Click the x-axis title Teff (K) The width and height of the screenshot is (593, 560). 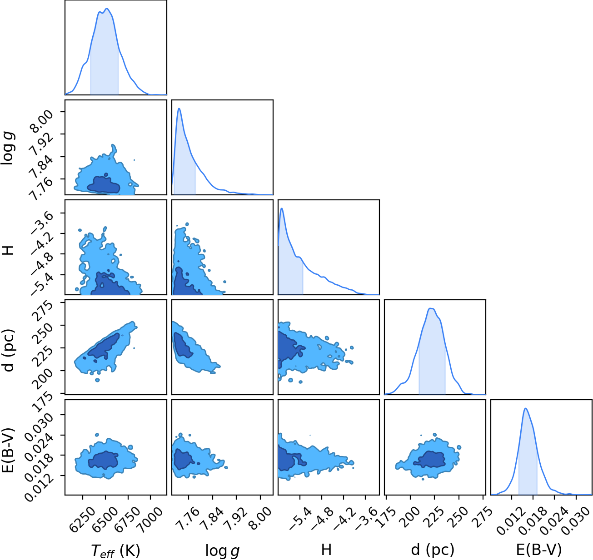pos(115,550)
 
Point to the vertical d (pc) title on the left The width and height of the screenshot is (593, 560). pos(8,351)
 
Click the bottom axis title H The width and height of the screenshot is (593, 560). pos(326,549)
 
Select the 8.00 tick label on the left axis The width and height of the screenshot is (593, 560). pos(42,120)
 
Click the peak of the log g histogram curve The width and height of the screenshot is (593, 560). pos(179,109)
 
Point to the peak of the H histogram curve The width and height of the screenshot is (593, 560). pos(282,208)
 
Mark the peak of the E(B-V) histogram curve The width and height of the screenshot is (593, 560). pos(525,408)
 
